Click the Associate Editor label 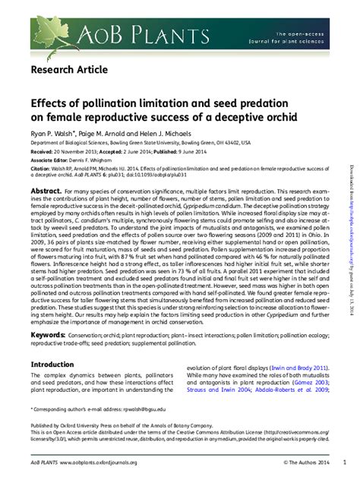coord(48,161)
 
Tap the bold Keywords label coord(48,334)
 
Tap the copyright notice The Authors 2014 coord(309,462)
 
